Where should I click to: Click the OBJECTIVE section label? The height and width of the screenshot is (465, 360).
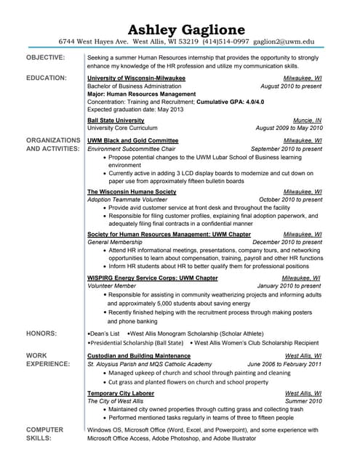tap(45, 57)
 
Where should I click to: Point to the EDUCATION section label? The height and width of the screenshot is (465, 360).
tap(47, 76)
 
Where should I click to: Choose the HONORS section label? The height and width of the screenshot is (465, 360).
tap(41, 333)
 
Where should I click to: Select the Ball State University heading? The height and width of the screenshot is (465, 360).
tap(116, 120)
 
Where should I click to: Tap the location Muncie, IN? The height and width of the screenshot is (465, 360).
tap(307, 120)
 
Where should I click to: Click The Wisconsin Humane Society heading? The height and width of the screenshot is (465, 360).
tap(132, 192)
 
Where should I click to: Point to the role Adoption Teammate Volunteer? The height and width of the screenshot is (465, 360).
tap(127, 200)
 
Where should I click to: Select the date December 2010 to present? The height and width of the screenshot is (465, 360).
tap(287, 243)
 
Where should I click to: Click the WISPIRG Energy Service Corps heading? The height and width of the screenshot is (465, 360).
tap(152, 278)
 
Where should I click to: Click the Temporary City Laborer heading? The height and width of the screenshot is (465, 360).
tap(120, 393)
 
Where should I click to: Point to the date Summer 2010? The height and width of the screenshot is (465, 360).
tap(303, 401)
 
